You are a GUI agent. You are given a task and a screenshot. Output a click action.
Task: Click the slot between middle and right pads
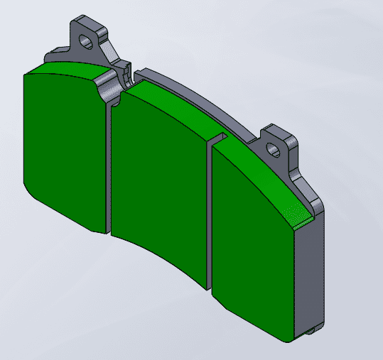pos(211,213)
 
